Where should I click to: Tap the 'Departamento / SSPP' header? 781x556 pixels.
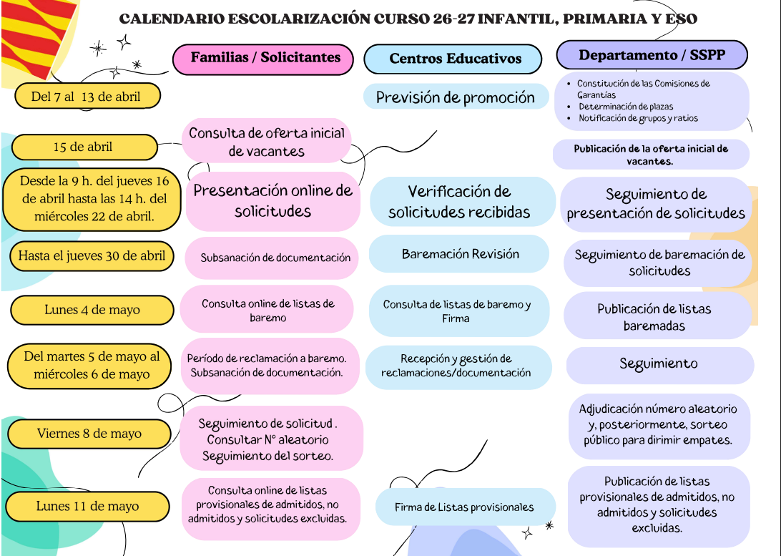pyautogui.click(x=651, y=56)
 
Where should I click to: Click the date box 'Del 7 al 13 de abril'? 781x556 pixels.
pyautogui.click(x=87, y=96)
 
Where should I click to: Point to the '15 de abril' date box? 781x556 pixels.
pyautogui.click(x=84, y=147)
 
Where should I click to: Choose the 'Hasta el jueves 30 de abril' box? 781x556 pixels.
pyautogui.click(x=92, y=255)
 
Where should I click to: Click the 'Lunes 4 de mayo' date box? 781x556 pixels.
pyautogui.click(x=92, y=310)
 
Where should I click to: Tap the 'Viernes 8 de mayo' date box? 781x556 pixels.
pyautogui.click(x=89, y=433)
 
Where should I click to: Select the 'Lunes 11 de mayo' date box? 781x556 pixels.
pyautogui.click(x=88, y=506)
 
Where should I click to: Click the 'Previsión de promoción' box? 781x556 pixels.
pyautogui.click(x=456, y=97)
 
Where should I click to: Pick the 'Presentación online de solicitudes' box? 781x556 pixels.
pyautogui.click(x=272, y=201)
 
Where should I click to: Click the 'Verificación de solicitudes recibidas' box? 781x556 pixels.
pyautogui.click(x=460, y=202)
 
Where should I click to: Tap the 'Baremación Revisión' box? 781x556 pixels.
pyautogui.click(x=460, y=254)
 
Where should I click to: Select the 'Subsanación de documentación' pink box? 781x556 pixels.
pyautogui.click(x=275, y=258)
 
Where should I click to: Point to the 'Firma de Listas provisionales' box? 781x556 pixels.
pyautogui.click(x=464, y=507)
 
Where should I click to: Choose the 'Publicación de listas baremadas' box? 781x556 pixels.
pyautogui.click(x=654, y=317)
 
